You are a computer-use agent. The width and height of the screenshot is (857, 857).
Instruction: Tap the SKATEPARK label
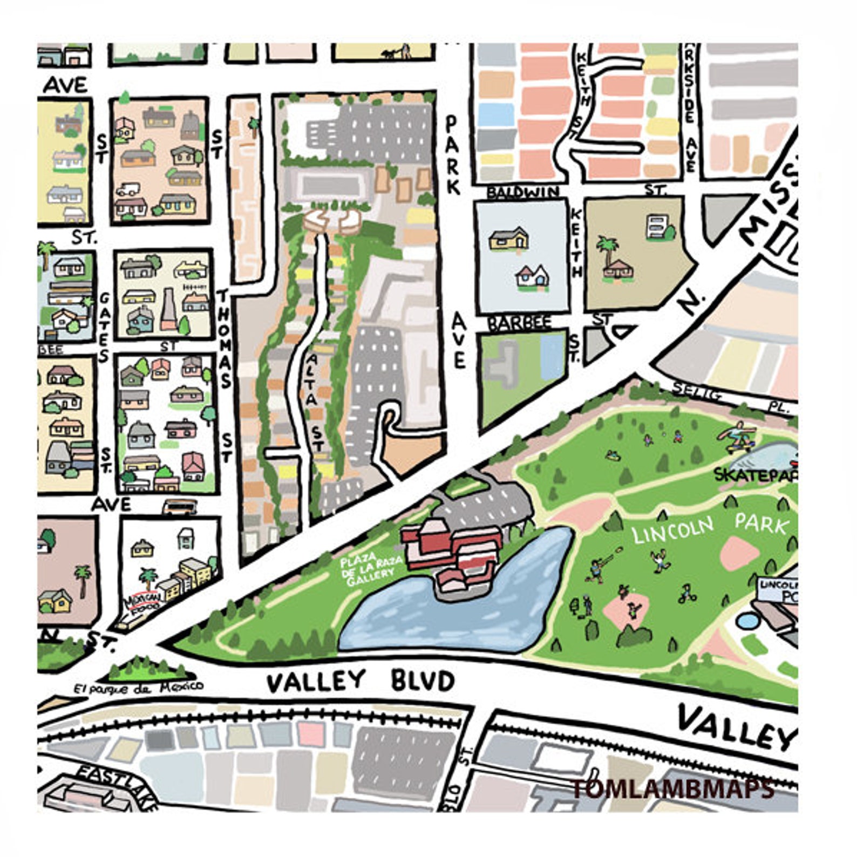coord(756,475)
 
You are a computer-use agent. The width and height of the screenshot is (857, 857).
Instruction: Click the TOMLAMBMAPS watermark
coord(672,789)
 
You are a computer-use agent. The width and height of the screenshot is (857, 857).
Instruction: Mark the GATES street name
coord(104,327)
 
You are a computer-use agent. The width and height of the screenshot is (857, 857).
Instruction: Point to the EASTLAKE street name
coord(116,788)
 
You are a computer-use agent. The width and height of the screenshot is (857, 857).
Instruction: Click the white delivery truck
coord(128,189)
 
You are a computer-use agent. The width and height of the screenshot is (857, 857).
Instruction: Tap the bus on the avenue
coord(180,507)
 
